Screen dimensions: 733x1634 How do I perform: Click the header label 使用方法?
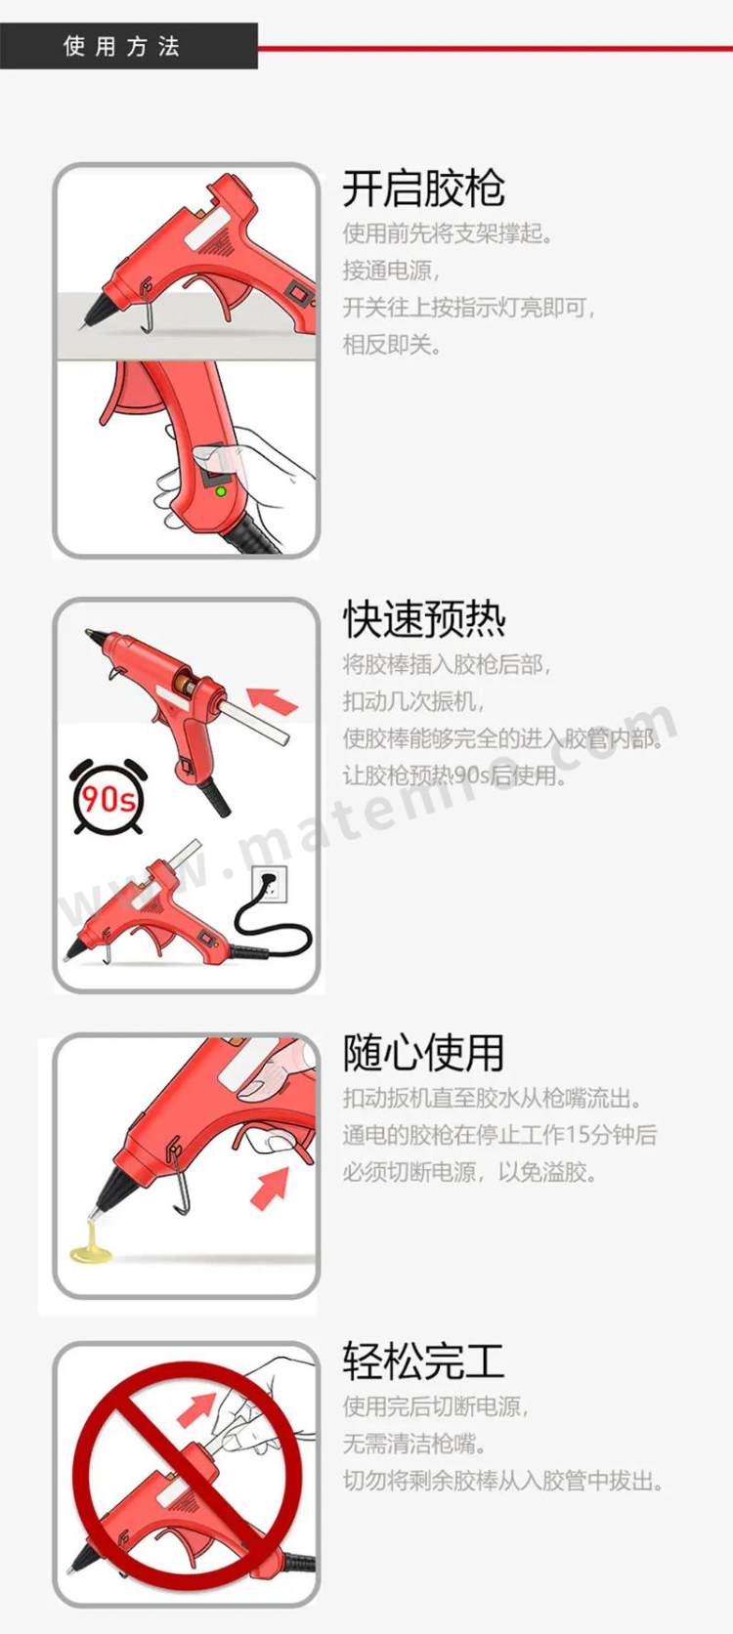click(121, 47)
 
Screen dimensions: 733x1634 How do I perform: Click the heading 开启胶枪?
click(423, 189)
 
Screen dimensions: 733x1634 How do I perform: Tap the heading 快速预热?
click(423, 618)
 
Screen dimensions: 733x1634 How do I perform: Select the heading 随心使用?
click(423, 1052)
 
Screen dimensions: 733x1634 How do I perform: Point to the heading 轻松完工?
click(423, 1362)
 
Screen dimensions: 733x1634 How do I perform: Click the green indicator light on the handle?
click(220, 491)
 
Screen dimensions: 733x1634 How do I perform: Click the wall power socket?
click(270, 886)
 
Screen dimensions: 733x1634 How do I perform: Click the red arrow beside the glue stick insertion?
click(273, 700)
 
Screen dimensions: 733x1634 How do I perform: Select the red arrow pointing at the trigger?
click(270, 1187)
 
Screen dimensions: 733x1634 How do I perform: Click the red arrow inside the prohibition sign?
click(197, 1407)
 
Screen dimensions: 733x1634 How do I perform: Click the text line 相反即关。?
click(393, 345)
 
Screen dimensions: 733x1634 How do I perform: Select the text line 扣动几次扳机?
click(414, 701)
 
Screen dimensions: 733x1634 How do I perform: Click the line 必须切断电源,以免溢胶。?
click(470, 1172)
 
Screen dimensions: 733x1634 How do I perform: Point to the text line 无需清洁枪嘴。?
click(414, 1443)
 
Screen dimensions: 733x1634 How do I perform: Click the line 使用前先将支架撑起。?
click(448, 233)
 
